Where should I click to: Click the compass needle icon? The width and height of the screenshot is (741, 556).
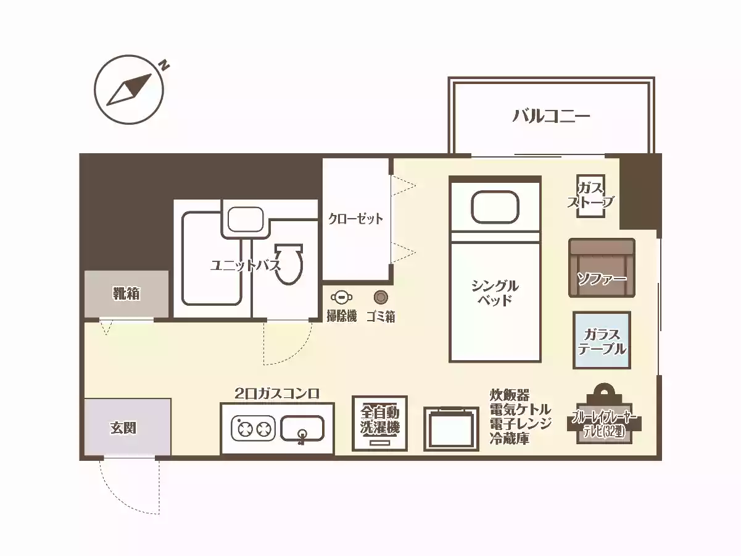click(130, 90)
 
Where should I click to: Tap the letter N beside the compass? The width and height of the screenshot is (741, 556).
click(164, 64)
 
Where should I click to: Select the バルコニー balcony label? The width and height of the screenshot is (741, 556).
click(552, 116)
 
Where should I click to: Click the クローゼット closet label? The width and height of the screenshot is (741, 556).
click(355, 219)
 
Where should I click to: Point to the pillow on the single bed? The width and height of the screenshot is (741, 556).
click(495, 207)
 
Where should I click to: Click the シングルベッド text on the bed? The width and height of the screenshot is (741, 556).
click(495, 293)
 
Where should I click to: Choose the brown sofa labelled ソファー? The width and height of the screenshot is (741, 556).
click(602, 267)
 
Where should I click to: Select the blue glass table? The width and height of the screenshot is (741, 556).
click(602, 340)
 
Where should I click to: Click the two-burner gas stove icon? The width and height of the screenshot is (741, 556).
click(253, 428)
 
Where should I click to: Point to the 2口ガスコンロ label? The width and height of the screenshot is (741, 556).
click(277, 393)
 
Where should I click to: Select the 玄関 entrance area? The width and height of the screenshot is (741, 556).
click(126, 428)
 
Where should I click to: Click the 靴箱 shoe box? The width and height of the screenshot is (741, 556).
click(126, 294)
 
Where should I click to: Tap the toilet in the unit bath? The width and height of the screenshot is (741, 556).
click(289, 264)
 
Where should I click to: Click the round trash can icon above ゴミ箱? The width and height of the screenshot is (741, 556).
click(381, 298)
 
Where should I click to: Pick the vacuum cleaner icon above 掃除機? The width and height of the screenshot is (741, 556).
click(341, 298)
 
